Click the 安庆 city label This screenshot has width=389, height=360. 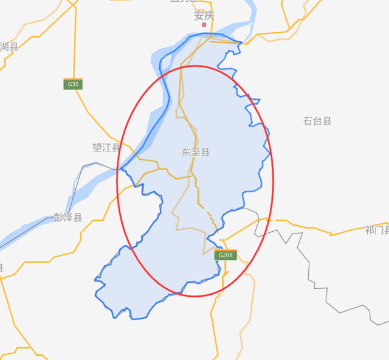pyautogui.click(x=204, y=16)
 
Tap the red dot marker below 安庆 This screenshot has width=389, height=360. pyautogui.click(x=204, y=25)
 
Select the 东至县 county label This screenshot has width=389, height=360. pyautogui.click(x=196, y=152)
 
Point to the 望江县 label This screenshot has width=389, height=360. pyautogui.click(x=106, y=148)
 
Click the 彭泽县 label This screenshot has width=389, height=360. pyautogui.click(x=67, y=218)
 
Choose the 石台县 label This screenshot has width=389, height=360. pyautogui.click(x=317, y=121)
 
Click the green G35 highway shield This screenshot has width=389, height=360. pyautogui.click(x=73, y=84)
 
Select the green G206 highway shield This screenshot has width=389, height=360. pyautogui.click(x=225, y=255)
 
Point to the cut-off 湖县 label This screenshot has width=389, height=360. pyautogui.click(x=9, y=46)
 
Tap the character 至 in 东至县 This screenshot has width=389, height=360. pyautogui.click(x=196, y=152)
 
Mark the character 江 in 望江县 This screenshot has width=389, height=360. pyautogui.click(x=106, y=148)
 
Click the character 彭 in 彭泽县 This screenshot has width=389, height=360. pyautogui.click(x=58, y=218)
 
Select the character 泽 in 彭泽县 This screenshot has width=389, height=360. pyautogui.click(x=67, y=218)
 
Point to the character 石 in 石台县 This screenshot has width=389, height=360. pyautogui.click(x=308, y=121)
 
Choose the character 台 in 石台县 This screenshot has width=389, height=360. pyautogui.click(x=317, y=121)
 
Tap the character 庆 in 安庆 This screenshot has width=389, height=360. pyautogui.click(x=209, y=16)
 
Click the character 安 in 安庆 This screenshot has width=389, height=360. pyautogui.click(x=199, y=16)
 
